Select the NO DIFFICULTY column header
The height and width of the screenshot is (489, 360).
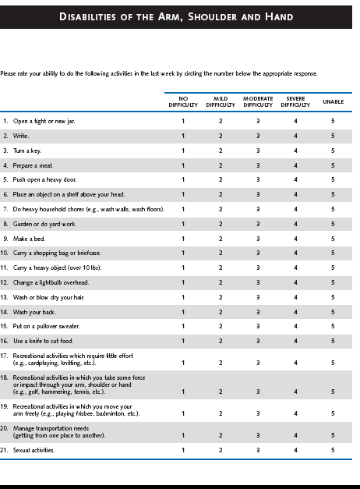point(183,101)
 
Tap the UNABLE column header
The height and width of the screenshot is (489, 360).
point(334,101)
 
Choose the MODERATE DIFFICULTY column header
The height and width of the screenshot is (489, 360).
point(258,101)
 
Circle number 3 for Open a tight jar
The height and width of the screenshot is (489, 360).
point(258,121)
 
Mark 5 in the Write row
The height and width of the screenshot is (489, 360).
point(333,136)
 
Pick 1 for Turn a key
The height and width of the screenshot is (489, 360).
point(183,151)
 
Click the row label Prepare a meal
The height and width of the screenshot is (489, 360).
point(33,165)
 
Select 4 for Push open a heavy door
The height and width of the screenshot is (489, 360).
point(295,179)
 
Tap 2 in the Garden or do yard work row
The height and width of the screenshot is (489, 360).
point(221,224)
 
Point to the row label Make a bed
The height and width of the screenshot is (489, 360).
point(29,239)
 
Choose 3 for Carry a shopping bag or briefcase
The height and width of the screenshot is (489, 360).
point(258,253)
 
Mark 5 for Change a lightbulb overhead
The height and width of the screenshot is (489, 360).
point(333,282)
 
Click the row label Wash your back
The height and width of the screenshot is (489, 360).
point(34,312)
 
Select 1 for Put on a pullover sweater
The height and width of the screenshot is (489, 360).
point(183,326)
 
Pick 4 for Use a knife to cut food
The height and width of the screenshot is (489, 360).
point(295,341)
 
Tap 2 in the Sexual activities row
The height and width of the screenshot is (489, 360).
point(221,450)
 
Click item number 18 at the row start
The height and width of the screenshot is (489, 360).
point(4,377)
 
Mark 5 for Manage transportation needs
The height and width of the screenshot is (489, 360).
point(333,435)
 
